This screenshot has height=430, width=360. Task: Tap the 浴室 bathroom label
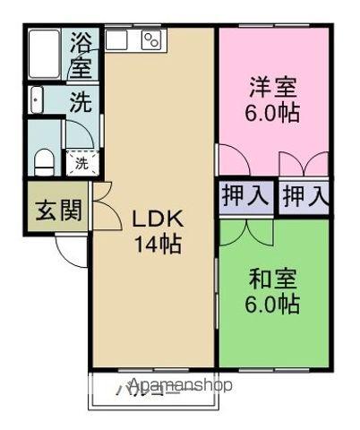point(81,54)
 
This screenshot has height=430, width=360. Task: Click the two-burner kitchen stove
point(150,39)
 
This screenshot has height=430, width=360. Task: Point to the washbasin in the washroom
point(38,100)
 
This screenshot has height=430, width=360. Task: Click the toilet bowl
point(42,161)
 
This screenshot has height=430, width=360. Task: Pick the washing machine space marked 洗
point(81,164)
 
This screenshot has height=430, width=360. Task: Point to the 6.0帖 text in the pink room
point(273,114)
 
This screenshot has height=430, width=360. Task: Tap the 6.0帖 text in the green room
point(273,304)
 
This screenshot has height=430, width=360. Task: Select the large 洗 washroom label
point(81,102)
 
